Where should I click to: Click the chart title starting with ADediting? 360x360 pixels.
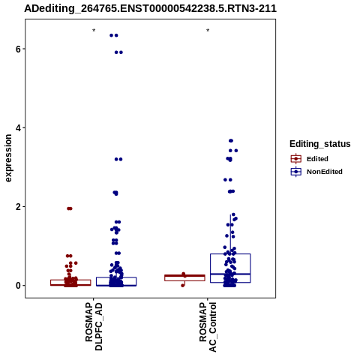pos(150,8)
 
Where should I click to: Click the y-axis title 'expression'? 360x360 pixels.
pos(8,158)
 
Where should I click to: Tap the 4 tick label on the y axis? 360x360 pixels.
pos(18,127)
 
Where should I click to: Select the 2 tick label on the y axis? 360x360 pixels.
pos(18,207)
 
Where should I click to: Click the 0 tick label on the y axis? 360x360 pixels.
pos(18,286)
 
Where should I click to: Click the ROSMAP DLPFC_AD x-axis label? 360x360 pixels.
pos(94,326)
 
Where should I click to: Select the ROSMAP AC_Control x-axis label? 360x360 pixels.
pos(208,327)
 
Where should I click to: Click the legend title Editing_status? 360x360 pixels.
pos(320,144)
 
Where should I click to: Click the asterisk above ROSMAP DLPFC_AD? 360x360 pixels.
pos(94,31)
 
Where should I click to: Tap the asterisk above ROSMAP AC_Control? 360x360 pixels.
pos(208,31)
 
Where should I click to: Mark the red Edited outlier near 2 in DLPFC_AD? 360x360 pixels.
pos(70,208)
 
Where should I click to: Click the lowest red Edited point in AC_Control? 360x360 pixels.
pos(183,285)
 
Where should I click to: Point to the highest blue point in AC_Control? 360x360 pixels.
pos(231,141)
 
